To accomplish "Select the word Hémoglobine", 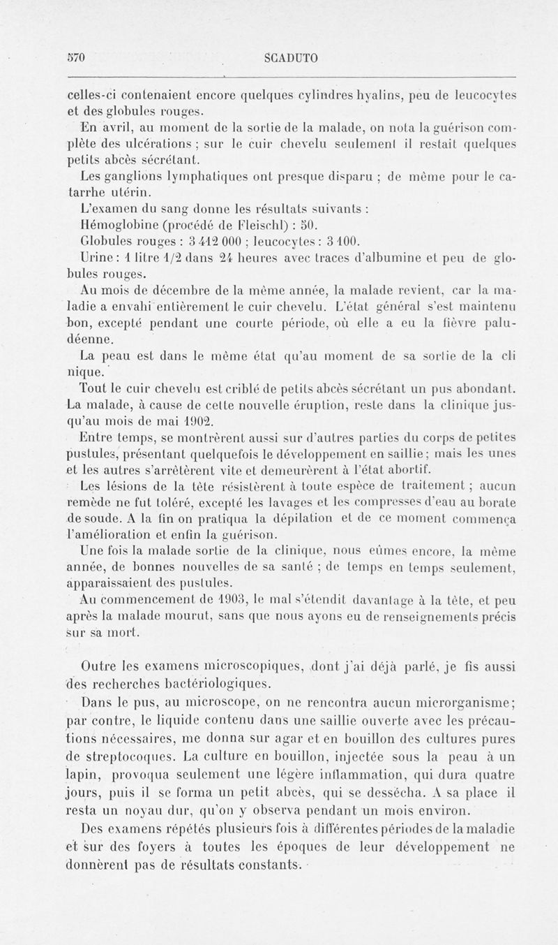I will point(120,225).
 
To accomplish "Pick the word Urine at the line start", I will point(96,260).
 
